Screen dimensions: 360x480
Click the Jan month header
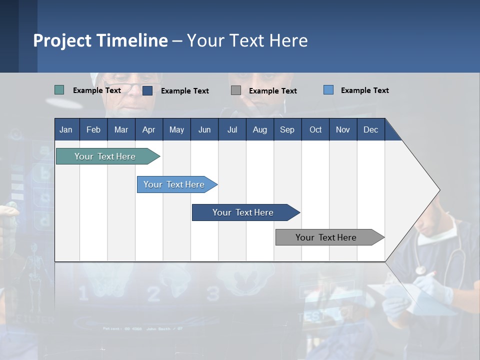66,129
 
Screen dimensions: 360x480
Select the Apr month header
148,129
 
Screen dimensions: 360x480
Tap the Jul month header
232,129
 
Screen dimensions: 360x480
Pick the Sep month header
287,129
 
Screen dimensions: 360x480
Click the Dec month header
370,129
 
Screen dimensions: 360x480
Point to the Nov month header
342,129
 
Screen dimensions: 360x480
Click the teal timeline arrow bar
105,156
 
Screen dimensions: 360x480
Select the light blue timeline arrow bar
174,184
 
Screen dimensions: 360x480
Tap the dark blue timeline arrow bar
243,212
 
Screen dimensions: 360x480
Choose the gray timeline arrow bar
326,237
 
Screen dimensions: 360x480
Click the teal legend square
59,90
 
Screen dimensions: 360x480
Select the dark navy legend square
147,90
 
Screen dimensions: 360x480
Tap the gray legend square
236,90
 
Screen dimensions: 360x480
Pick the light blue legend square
328,90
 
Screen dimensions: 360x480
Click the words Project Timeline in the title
100,40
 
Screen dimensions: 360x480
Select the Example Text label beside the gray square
272,90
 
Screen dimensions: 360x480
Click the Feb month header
93,129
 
